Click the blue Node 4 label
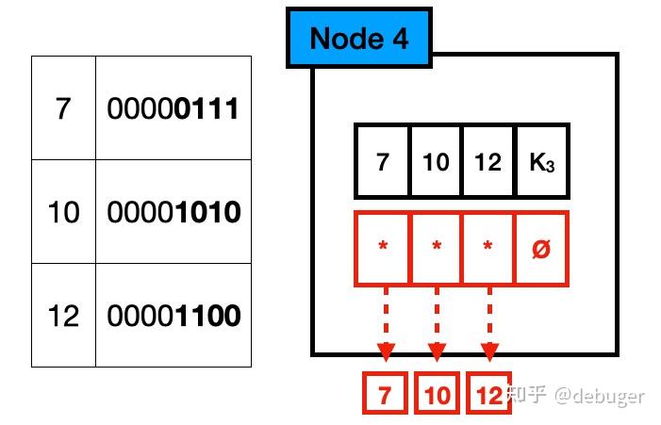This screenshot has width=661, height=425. (358, 39)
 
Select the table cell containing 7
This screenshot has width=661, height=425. (63, 108)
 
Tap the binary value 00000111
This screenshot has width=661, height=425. (173, 108)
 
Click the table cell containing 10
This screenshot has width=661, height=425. (63, 212)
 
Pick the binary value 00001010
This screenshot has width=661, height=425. (173, 212)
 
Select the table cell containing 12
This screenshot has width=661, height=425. (63, 315)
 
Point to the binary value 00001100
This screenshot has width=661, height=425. (173, 315)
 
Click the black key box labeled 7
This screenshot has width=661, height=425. (382, 162)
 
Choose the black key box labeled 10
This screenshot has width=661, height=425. (436, 162)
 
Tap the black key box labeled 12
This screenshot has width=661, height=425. (488, 162)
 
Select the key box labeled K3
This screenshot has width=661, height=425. (541, 162)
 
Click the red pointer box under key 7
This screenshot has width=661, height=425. (382, 249)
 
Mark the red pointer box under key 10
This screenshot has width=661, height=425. (436, 249)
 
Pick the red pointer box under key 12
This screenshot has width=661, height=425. (488, 249)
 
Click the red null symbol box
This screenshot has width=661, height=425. (541, 249)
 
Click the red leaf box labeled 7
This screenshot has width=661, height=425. (385, 396)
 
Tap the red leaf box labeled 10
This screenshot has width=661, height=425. (437, 396)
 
